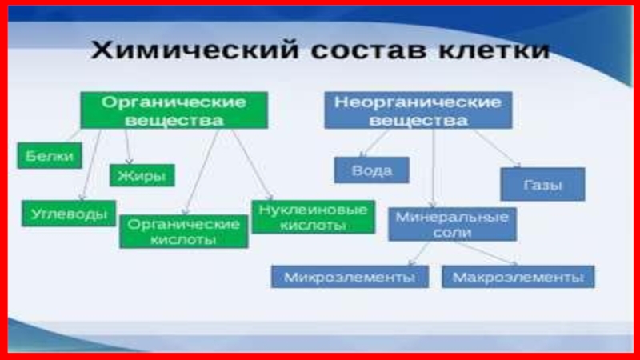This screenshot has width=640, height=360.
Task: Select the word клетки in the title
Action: pos(491,50)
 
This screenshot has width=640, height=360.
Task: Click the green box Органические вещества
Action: pos(173,110)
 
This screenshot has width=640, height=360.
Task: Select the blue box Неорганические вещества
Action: pos(418,110)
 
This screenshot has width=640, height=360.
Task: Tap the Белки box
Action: pos(49,155)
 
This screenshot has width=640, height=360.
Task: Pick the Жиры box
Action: pos(142,175)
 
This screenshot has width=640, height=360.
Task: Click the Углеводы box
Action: pos(69,213)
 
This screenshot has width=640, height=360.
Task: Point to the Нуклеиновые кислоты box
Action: pos(313,216)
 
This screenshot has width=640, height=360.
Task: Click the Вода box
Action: pos(371,170)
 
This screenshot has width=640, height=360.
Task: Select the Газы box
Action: pos(542,185)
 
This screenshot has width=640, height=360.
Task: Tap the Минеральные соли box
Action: pos(452,224)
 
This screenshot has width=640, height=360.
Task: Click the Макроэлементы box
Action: pos(518,277)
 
